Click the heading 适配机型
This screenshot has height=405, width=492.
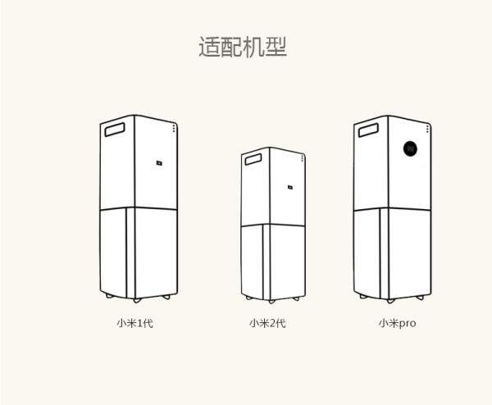point(243,47)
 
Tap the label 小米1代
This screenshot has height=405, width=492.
point(135,323)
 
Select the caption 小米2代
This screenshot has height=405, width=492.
point(267,323)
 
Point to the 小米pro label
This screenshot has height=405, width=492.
point(397,324)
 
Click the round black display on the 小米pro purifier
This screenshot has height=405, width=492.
point(410,148)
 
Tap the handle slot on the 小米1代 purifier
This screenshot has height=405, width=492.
point(115,130)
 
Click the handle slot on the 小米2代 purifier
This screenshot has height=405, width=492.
point(253,159)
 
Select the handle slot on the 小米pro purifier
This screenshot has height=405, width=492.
point(368,130)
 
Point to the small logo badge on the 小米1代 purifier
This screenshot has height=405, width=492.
point(159,163)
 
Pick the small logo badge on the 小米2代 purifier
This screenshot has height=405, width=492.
point(290,187)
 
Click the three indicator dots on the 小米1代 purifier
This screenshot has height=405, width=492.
point(174,129)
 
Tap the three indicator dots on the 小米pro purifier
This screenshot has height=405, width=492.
point(427,129)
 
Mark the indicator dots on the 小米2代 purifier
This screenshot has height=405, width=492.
point(303,158)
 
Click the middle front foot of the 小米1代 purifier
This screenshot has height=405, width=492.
point(137,301)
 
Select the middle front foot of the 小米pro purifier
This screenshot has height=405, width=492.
point(390,301)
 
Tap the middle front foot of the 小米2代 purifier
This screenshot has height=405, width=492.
point(271,302)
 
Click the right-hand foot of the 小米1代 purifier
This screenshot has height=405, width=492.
point(166,297)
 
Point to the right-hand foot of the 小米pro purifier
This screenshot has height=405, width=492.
point(420,298)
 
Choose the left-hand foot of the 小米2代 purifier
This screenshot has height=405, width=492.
point(249,298)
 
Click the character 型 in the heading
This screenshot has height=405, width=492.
point(276,47)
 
